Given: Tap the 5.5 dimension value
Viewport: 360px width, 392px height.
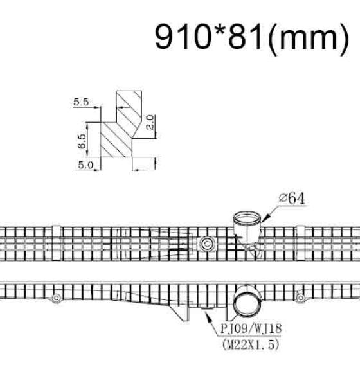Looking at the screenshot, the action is click(x=81, y=102).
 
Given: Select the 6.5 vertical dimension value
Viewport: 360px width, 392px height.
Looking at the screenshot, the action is click(x=82, y=141).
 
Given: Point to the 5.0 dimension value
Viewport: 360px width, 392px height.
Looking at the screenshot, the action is click(x=85, y=165).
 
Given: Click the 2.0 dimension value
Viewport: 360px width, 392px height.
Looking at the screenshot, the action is click(x=150, y=122).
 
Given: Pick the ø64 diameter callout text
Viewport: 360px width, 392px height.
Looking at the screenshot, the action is click(x=292, y=199).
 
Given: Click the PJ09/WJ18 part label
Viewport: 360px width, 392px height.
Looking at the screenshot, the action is click(x=251, y=328).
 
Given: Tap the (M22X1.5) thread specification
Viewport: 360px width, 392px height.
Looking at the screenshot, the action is click(x=250, y=344).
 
